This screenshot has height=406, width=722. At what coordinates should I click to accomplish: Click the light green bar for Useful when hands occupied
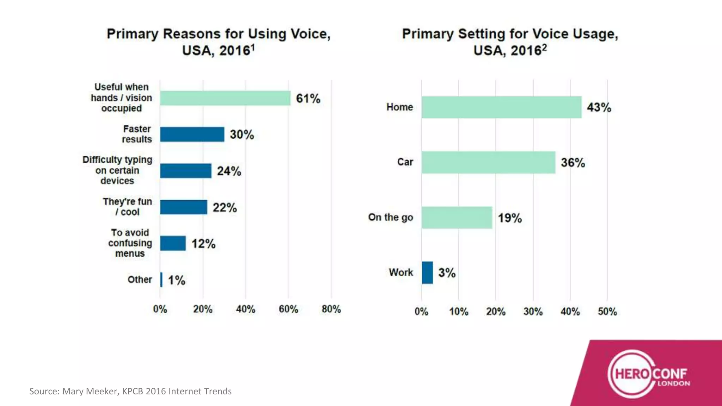tap(225, 98)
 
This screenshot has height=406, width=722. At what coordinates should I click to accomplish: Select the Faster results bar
tap(192, 134)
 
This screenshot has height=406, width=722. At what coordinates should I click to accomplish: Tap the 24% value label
tap(229, 171)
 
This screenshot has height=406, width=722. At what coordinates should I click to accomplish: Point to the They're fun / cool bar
tap(184, 207)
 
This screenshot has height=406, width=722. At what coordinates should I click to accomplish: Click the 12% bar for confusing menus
tap(173, 244)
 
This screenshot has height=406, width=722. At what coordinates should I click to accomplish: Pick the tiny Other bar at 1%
tap(161, 280)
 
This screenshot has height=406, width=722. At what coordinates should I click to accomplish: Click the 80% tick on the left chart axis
tap(331, 309)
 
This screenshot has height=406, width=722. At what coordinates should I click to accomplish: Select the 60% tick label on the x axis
tap(288, 309)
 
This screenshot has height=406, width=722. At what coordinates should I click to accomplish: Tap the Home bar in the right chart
tap(501, 107)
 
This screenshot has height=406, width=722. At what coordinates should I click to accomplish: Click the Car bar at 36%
tap(488, 162)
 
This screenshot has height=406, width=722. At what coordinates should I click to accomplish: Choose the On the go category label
tap(391, 217)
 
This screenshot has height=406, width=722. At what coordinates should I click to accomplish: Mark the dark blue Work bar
tap(427, 272)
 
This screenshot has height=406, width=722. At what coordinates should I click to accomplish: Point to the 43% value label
tap(599, 107)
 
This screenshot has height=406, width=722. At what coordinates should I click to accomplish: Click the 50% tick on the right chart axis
tap(607, 312)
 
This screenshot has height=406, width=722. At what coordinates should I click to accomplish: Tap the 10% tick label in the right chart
tap(459, 312)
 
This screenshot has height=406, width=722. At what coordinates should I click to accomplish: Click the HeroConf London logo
tap(649, 375)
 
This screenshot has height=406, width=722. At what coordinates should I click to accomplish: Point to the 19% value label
tap(509, 218)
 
